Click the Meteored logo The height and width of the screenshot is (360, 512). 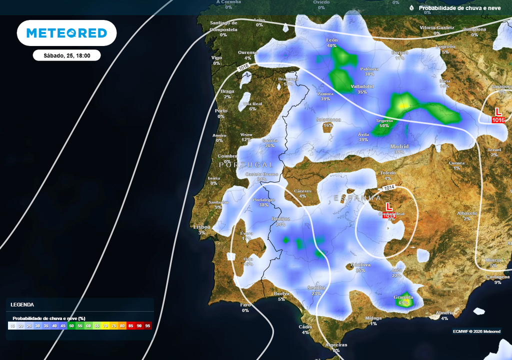[x=66, y=33]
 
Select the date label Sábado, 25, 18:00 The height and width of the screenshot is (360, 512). [x=66, y=55]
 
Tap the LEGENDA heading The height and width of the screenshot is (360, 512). [x=22, y=304]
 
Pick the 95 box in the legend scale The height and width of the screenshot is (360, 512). [x=147, y=325]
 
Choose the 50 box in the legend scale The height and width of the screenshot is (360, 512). [x=71, y=325]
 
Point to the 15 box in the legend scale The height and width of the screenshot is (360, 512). [x=11, y=325]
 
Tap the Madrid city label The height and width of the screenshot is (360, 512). [x=399, y=146]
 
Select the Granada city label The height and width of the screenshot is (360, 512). [x=403, y=297]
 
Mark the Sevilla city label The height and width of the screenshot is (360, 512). [x=316, y=288]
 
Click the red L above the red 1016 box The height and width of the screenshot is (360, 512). [x=498, y=111]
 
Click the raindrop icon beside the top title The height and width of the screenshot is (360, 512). [x=411, y=8]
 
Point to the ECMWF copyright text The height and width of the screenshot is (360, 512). [x=476, y=331]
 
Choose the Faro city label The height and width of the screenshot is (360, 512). [x=245, y=304]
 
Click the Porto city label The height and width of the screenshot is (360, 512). [x=221, y=110]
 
